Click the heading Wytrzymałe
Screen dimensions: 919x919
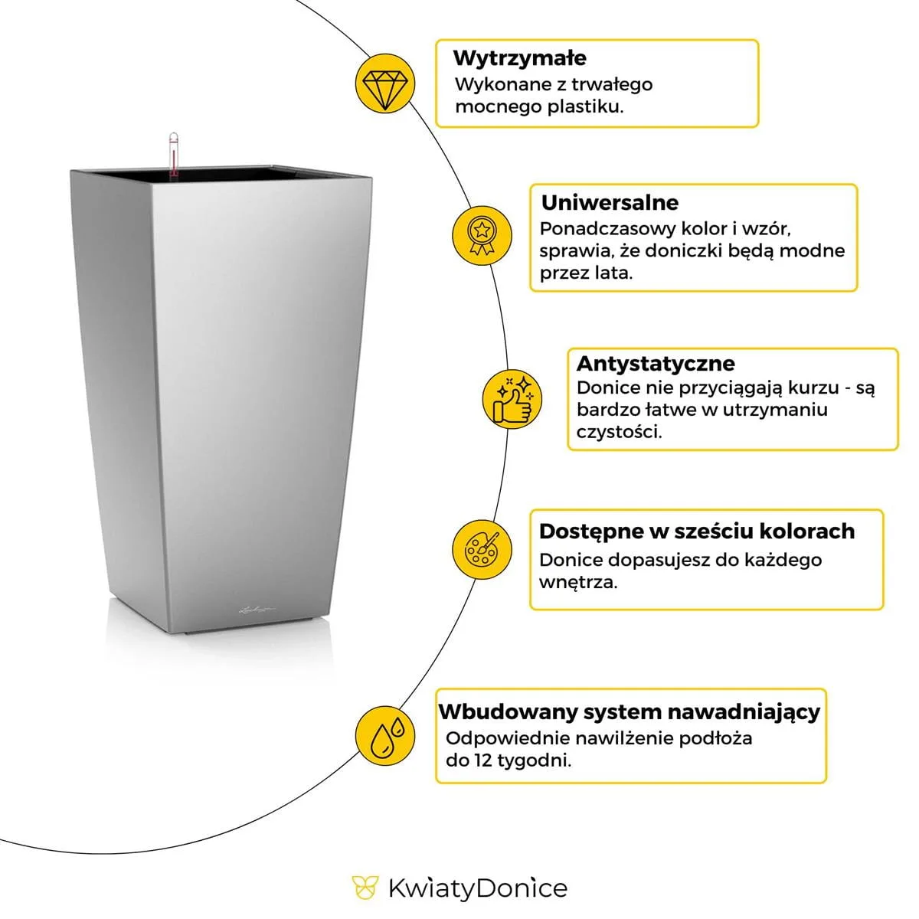pyautogui.click(x=519, y=58)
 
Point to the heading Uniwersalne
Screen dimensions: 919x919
pyautogui.click(x=610, y=203)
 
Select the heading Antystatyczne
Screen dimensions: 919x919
pyautogui.click(x=655, y=363)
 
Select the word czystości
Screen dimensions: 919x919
pyautogui.click(x=619, y=431)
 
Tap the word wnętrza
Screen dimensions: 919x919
pyautogui.click(x=577, y=581)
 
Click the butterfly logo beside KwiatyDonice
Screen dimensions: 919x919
pyautogui.click(x=365, y=888)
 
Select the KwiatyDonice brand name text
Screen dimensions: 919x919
pyautogui.click(x=477, y=888)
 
